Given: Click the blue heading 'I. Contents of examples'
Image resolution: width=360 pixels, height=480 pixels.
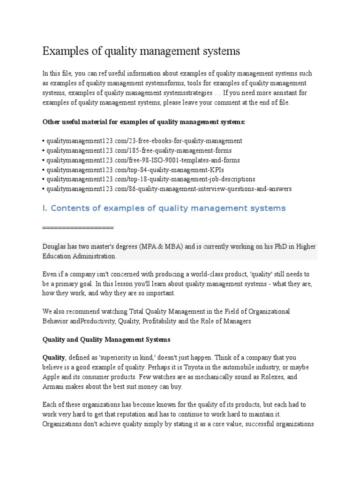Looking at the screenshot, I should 164,208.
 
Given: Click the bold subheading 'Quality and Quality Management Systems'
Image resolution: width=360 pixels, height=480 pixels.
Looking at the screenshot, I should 106,339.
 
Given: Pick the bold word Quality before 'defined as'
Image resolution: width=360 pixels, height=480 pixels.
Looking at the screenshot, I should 54,358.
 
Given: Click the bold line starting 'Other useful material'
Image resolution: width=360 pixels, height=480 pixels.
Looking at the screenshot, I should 143,122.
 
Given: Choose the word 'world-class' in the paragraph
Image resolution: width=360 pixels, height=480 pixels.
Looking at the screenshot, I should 221,274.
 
